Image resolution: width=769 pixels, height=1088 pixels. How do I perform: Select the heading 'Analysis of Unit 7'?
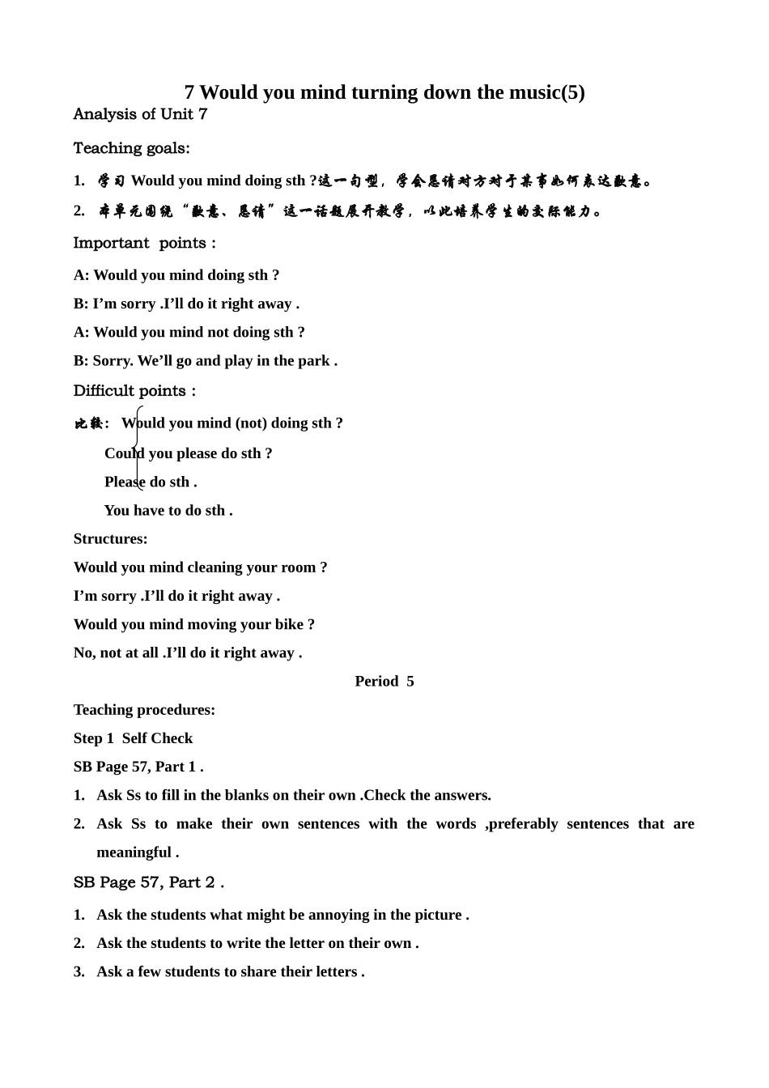[x=140, y=114]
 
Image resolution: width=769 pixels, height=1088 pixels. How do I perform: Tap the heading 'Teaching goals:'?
[x=131, y=148]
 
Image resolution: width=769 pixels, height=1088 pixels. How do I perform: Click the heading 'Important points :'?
[x=144, y=243]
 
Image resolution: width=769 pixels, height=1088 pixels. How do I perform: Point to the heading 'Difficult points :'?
[x=134, y=391]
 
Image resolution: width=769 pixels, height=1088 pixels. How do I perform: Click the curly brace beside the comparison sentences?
[x=138, y=448]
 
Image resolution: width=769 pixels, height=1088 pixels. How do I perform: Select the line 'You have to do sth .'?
[x=168, y=510]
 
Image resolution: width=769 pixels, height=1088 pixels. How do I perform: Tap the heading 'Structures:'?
[x=110, y=539]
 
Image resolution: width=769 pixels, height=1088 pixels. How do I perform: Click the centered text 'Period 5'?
[x=384, y=681]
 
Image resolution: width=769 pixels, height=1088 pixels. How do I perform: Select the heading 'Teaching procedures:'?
[x=144, y=710]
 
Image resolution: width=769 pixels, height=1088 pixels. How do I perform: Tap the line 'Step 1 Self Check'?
[x=133, y=738]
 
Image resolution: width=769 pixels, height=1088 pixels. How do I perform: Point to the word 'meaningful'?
[x=134, y=852]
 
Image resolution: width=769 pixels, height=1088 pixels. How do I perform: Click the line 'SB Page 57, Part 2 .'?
[x=148, y=882]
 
